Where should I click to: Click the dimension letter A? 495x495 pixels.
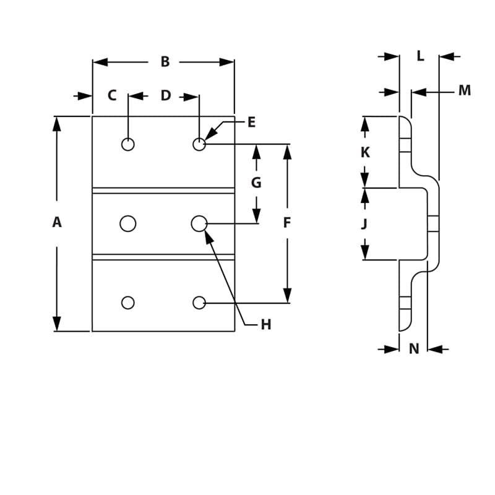pos(57,223)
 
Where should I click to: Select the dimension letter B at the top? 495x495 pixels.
pos(165,62)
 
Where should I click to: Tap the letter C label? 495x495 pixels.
pos(112,96)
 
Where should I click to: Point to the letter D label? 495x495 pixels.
pos(166,96)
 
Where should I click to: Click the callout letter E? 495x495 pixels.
pos(251,123)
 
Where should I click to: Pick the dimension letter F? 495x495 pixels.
pos(287,223)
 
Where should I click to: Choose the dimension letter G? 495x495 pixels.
pos(256,183)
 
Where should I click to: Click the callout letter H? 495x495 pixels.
pos(265,325)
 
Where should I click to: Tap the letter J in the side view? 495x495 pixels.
pos(364,224)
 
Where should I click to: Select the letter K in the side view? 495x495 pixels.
pos(365,152)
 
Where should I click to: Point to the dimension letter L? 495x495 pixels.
pos(420,56)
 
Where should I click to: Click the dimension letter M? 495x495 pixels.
pos(465,91)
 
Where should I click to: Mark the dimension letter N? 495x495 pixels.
pos(414,349)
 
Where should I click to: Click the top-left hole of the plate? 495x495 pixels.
pos(128,144)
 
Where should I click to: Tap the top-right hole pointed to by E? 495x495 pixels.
pos(199,144)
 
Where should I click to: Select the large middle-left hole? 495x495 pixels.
pos(128,223)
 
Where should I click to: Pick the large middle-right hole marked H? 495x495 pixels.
pos(199,223)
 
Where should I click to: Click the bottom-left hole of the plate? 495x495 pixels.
pos(128,303)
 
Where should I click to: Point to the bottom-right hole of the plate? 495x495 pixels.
pos(199,303)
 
